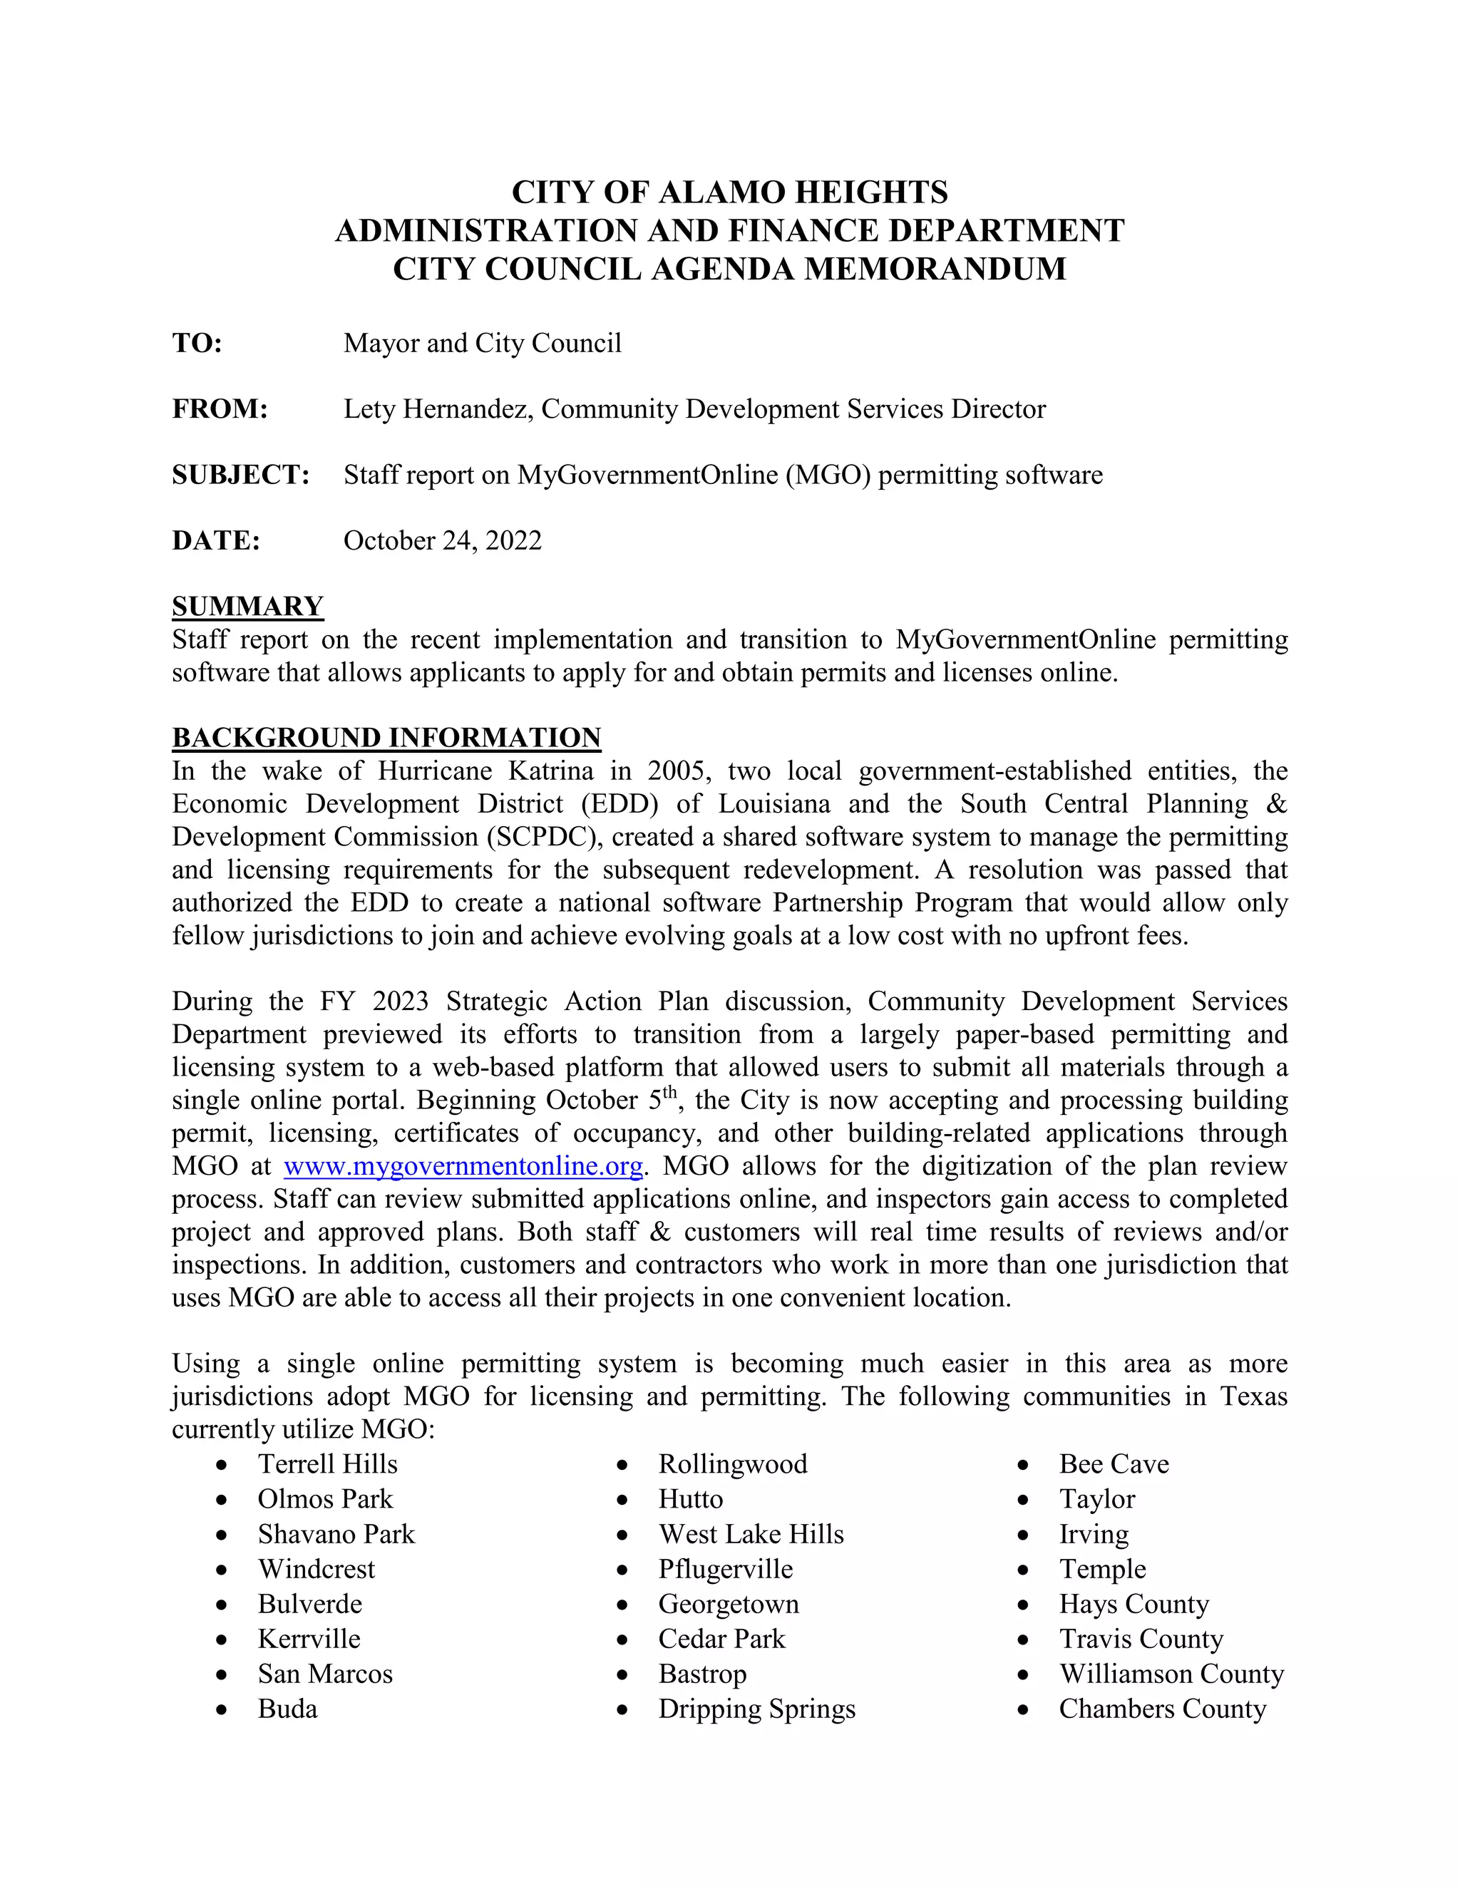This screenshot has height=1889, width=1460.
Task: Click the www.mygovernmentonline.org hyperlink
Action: pyautogui.click(x=463, y=1167)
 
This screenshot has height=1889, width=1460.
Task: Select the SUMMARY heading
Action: pyautogui.click(x=247, y=607)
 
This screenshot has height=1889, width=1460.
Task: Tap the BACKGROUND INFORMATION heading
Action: pyautogui.click(x=386, y=738)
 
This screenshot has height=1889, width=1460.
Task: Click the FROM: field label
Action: pyautogui.click(x=220, y=409)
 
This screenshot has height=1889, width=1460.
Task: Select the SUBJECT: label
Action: pyautogui.click(x=240, y=475)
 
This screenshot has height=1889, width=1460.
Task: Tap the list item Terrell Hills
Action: pyautogui.click(x=327, y=1464)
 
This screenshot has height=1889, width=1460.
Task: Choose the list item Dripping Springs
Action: pyautogui.click(x=756, y=1709)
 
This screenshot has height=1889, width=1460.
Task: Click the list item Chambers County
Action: pyautogui.click(x=1161, y=1709)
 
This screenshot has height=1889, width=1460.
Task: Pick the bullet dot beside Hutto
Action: pyautogui.click(x=622, y=1501)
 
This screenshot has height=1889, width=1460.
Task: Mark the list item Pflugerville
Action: pyautogui.click(x=725, y=1569)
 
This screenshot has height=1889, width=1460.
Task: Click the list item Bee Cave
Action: pyautogui.click(x=1113, y=1464)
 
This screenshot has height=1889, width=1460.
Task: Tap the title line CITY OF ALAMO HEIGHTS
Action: pyautogui.click(x=729, y=192)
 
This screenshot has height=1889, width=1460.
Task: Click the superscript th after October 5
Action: pyautogui.click(x=670, y=1092)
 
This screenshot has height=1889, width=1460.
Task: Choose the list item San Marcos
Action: pyautogui.click(x=324, y=1674)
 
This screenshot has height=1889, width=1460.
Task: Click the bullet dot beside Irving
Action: pyautogui.click(x=1022, y=1535)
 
